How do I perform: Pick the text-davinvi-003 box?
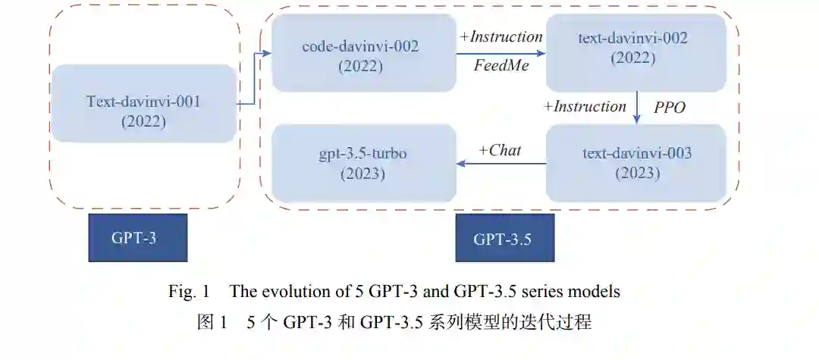pos(635,162)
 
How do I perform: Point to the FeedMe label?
pos(500,66)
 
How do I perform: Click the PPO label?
pos(669,108)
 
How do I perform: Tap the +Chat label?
pos(500,150)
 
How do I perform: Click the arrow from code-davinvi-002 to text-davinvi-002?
pos(500,53)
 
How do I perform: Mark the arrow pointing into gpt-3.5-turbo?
pos(500,163)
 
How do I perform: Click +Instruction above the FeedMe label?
pos(501,37)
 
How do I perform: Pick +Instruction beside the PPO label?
pos(585,106)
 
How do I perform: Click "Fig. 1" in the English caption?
pos(186,291)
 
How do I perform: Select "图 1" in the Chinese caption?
pos(212,321)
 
